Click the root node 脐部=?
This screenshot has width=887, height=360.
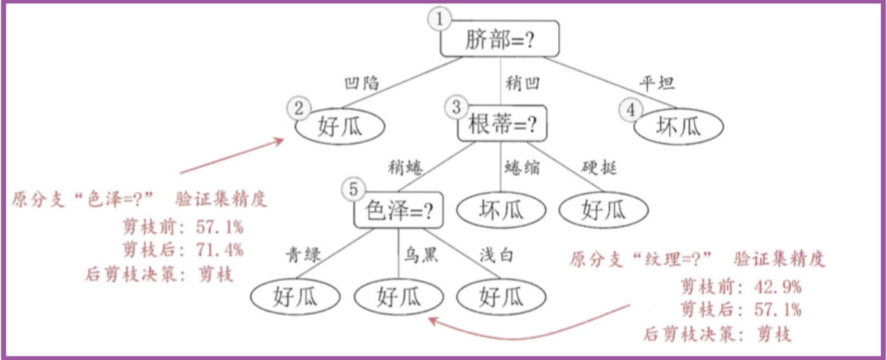click(500, 39)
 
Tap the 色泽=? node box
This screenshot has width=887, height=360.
click(399, 210)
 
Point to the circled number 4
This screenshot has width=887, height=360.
click(630, 109)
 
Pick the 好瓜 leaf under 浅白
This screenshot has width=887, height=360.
click(501, 296)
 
